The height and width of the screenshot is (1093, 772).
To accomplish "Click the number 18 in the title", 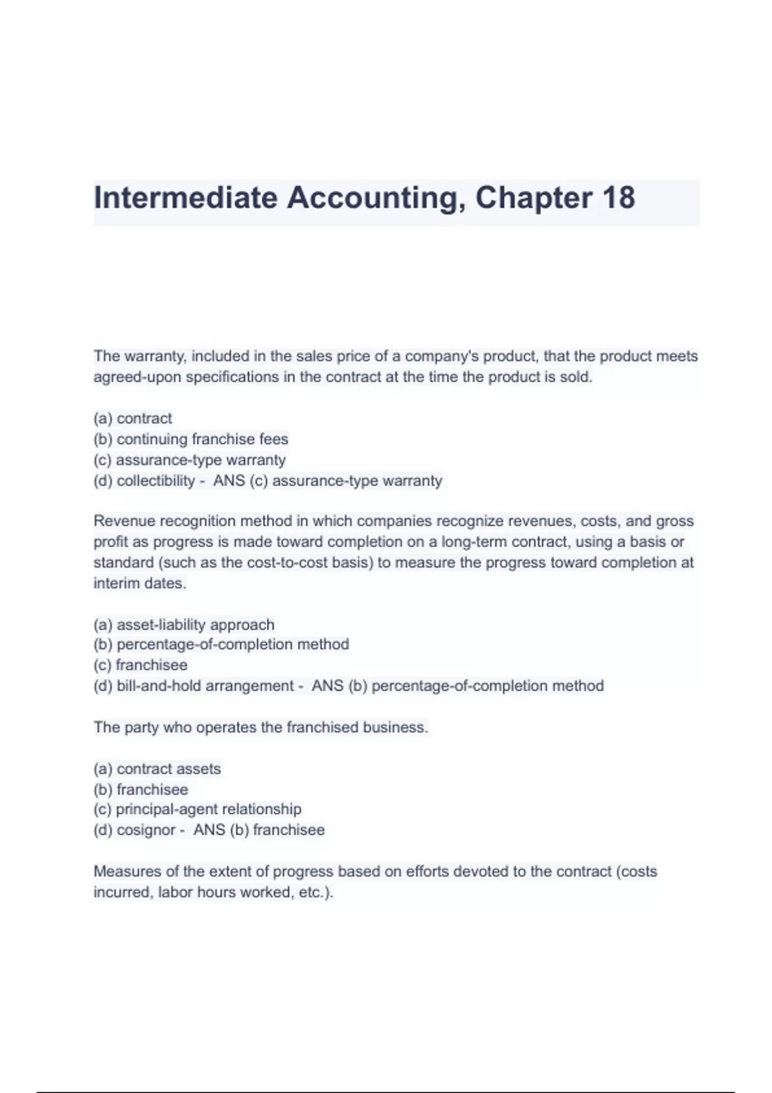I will pos(618,197).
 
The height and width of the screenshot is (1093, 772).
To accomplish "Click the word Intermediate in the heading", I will pos(185,197).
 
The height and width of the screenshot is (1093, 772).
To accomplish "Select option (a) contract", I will pos(133,419).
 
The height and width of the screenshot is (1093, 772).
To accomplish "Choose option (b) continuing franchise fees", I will pos(191,439).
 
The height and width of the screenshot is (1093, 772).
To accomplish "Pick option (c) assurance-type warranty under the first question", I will pos(190,460).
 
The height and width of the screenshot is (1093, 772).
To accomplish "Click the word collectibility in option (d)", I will pos(156,481).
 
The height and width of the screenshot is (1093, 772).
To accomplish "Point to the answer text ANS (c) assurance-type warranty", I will pos(327,481).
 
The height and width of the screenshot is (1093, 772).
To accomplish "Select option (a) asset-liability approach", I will pos(184,624).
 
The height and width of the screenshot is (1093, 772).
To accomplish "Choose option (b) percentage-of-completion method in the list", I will pos(221,644).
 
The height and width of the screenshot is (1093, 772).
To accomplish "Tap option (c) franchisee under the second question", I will pos(141,665).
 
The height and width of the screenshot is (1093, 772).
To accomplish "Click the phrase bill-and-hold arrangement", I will pos(205,686).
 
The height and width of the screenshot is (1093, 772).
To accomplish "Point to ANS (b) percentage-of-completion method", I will pos(457,686).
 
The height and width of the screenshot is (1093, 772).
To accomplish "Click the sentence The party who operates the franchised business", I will pos(261,727).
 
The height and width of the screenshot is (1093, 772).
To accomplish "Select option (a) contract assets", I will pos(158,769).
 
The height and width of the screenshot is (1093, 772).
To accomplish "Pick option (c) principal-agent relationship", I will pos(198,809).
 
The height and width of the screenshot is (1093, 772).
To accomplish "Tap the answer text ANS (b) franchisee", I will pos(259,830).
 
